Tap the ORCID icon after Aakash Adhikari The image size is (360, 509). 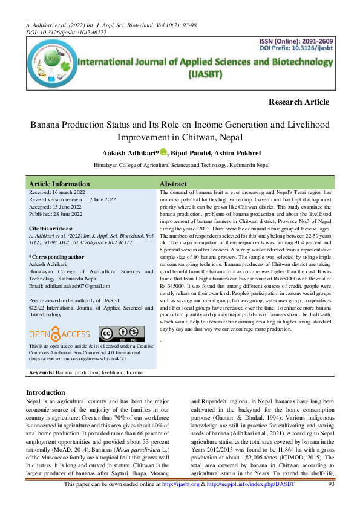tap(163, 152)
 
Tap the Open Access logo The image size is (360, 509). tap(59, 333)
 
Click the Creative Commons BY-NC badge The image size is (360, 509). tap(122, 333)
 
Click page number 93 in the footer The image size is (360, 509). tap(331, 501)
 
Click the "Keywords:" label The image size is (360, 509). tap(42, 374)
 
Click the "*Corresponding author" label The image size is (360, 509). tap(56, 257)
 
